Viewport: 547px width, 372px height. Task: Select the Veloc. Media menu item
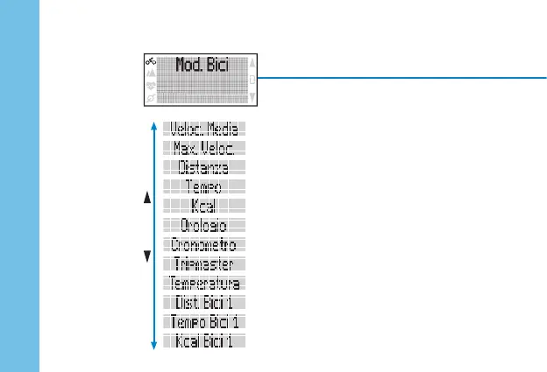point(204,129)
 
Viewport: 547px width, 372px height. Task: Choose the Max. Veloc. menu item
point(204,148)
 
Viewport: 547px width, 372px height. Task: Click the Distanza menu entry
point(204,167)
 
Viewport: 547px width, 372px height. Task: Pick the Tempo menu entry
point(204,186)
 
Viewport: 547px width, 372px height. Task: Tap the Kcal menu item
point(204,206)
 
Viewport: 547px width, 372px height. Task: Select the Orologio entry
point(204,225)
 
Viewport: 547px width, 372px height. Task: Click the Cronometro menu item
point(204,244)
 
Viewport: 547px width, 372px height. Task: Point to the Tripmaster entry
point(204,263)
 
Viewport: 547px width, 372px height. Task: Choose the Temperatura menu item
point(204,283)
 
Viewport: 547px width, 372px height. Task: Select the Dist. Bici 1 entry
point(204,303)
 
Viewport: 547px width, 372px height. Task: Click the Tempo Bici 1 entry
point(204,322)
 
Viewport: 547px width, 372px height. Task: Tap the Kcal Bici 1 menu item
point(204,340)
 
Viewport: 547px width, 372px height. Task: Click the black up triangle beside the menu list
point(147,200)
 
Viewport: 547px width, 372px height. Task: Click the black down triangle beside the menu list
point(147,256)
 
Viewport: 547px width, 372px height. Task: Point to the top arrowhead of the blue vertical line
point(154,126)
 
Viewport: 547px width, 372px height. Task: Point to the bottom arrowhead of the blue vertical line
point(154,346)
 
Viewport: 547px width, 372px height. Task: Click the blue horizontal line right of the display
point(403,77)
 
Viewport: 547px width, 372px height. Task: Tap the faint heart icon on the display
point(150,86)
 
